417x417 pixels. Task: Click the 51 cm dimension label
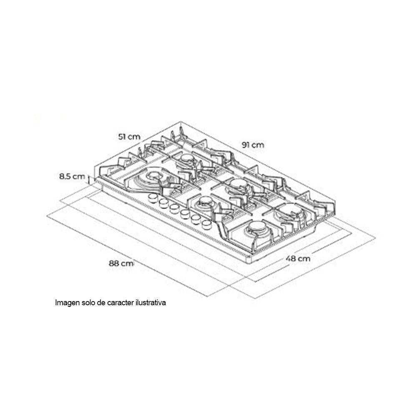129,137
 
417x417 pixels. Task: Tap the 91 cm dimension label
253,145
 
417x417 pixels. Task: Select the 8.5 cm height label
72,176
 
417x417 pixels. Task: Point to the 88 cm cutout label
121,263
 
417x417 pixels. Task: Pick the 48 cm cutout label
298,258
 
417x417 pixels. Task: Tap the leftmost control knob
153,197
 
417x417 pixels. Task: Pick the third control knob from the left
174,208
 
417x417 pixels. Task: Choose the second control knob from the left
163,203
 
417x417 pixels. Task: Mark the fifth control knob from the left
196,219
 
